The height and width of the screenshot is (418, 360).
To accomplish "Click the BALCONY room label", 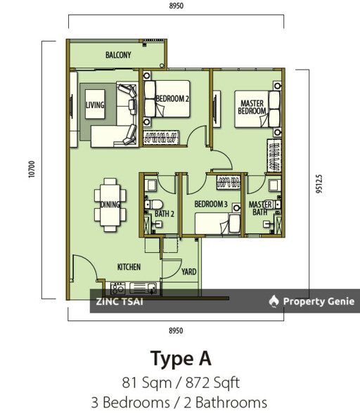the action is pos(118,55).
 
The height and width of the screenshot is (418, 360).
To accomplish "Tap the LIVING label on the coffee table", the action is pos(95,105).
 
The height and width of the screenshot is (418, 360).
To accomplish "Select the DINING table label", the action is pos(110,204).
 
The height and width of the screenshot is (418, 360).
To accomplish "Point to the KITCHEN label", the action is pos(129,267).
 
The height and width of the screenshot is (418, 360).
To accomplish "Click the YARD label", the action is pos(189,272).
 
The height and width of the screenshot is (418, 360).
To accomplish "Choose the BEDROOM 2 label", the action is pos(172,98).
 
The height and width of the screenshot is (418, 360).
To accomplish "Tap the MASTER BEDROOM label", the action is pos(252,107).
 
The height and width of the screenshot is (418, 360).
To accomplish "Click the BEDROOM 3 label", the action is pos(211,204).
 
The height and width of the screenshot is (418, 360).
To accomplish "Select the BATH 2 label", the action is pos(165,214).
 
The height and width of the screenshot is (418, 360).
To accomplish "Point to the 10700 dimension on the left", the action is pos(32,169).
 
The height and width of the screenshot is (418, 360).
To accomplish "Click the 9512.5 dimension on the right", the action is pos(319,183).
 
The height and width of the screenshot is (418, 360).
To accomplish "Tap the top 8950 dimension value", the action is pos(176,6).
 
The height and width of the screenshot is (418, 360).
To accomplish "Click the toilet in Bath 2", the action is pos(153,204).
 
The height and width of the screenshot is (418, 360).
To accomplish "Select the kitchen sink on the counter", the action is pos(143,289).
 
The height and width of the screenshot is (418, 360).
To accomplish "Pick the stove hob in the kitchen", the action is pos(117,289).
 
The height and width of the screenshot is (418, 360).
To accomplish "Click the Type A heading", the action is pos(181,358).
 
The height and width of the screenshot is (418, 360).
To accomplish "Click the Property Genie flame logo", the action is pos(274,301).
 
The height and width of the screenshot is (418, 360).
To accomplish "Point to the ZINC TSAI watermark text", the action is pos(120,302).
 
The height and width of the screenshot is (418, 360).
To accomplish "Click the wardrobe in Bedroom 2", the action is pos(161,138).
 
